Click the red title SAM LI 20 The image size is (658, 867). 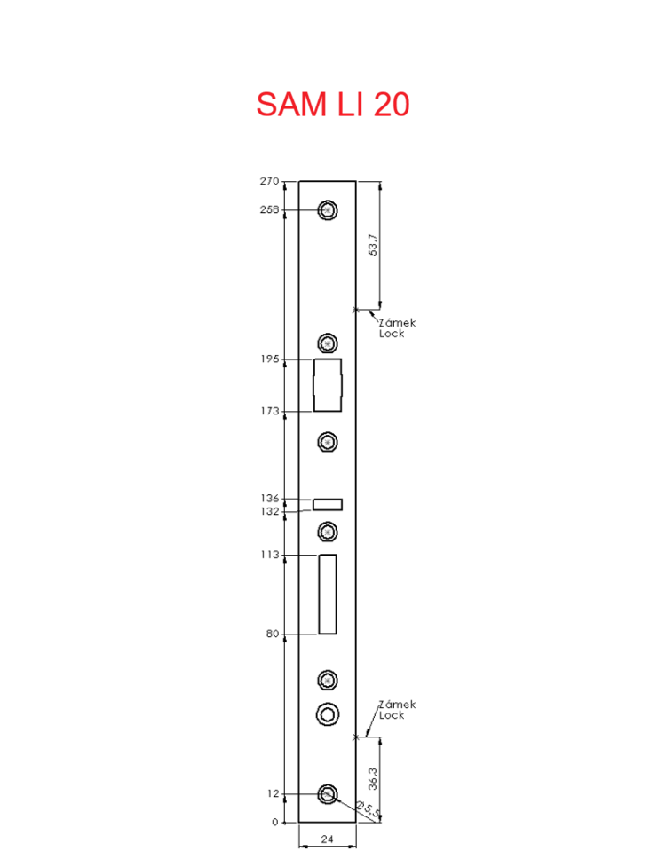pyautogui.click(x=333, y=104)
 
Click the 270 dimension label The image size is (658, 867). pyautogui.click(x=270, y=181)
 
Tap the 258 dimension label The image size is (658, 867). pyautogui.click(x=270, y=209)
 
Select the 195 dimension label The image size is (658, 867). pyautogui.click(x=270, y=359)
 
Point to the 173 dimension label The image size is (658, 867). pyautogui.click(x=270, y=411)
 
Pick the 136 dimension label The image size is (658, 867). pyautogui.click(x=270, y=498)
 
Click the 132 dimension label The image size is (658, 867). pyautogui.click(x=270, y=511)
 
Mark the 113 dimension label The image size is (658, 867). pyautogui.click(x=270, y=555)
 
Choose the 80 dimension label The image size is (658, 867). pyautogui.click(x=273, y=634)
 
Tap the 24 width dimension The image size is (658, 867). pyautogui.click(x=327, y=839)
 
